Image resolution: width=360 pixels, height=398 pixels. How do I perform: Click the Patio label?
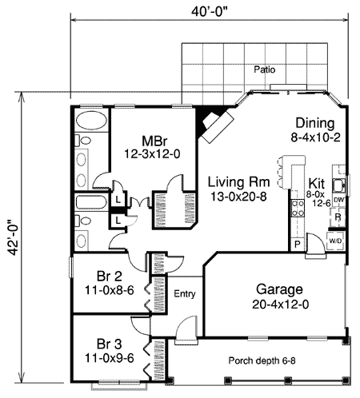coord(265,70)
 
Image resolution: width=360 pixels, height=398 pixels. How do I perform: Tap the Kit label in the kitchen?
coord(316,182)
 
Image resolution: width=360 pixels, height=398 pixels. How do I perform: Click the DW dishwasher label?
coord(338,200)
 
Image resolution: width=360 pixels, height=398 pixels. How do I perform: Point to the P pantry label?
coord(297,242)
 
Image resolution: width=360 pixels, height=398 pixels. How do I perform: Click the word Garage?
coord(278,289)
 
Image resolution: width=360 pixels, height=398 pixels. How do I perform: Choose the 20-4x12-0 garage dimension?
coord(278,303)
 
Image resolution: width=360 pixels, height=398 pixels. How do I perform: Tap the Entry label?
coord(185,293)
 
